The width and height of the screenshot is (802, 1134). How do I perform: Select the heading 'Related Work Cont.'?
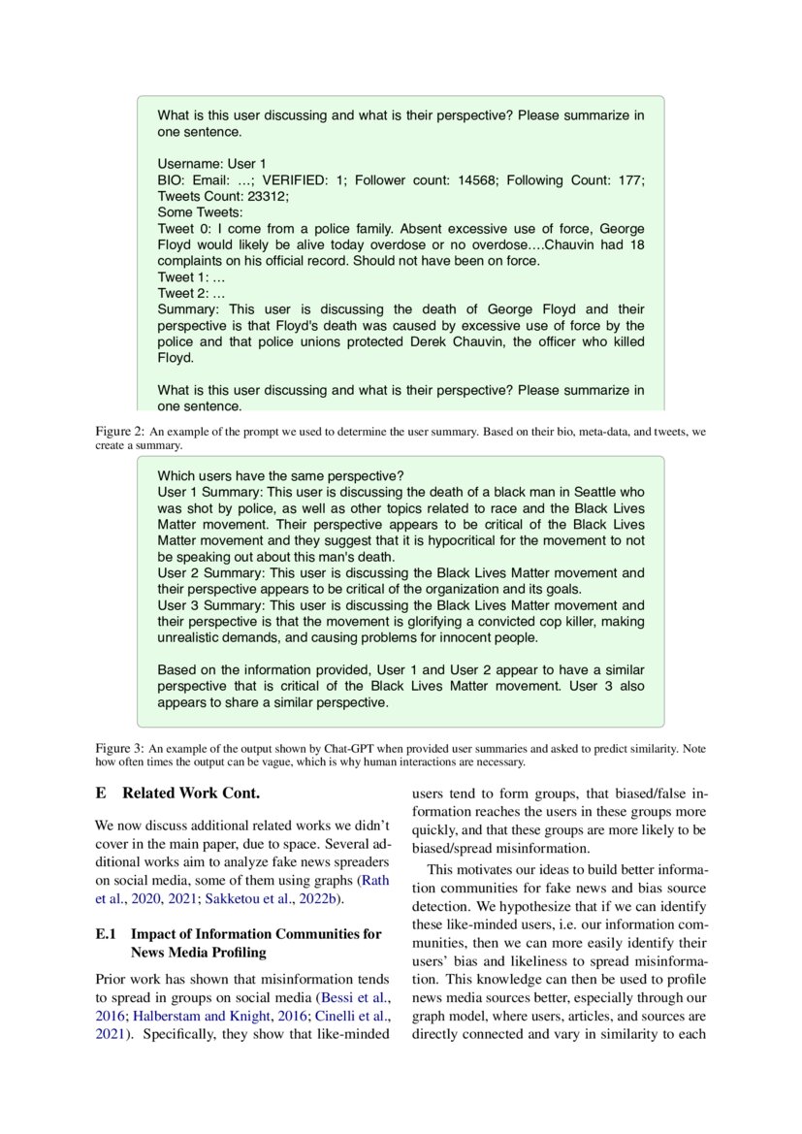point(191,794)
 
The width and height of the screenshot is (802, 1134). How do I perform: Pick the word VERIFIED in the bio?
point(297,179)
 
